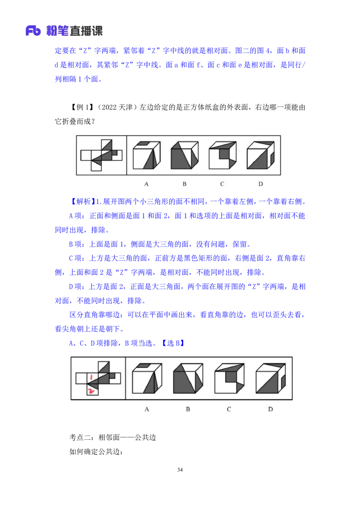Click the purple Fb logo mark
33,31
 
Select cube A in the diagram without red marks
147,156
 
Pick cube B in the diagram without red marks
184,156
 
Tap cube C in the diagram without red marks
222,156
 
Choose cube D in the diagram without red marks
261,156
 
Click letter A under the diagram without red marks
146,184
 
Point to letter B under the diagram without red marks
184,184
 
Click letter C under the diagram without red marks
222,184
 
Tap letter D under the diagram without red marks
261,184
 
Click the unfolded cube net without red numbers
101,156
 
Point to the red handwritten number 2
92,391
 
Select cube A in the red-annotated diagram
147,379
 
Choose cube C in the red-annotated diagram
229,379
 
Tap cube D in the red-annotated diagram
270,379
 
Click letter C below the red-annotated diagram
229,409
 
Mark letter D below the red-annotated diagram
270,409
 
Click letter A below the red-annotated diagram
147,409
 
